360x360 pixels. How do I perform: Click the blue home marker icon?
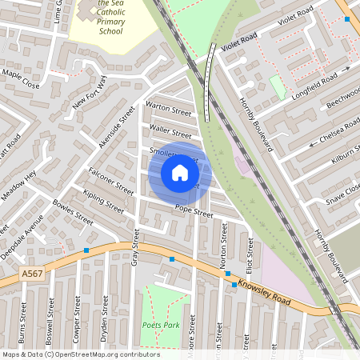coord(180,173)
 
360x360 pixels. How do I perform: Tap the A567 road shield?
coord(32,274)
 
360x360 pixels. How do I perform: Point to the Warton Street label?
coord(168,108)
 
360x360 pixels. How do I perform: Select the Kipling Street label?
coord(102,200)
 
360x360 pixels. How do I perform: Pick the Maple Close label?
coord(20,78)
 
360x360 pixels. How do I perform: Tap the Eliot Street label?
coord(250,254)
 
